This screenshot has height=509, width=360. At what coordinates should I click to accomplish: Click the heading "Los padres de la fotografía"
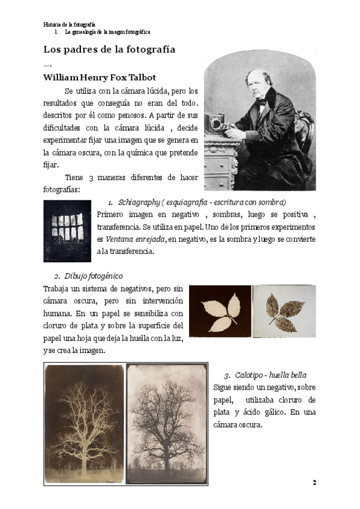pyautogui.click(x=109, y=49)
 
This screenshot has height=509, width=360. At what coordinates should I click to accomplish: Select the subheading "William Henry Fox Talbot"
pyautogui.click(x=100, y=77)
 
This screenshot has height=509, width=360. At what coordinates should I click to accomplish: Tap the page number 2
pyautogui.click(x=314, y=482)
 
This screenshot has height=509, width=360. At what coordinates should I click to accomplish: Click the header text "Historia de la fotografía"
pyautogui.click(x=70, y=24)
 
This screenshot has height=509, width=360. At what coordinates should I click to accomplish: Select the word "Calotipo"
pyautogui.click(x=250, y=375)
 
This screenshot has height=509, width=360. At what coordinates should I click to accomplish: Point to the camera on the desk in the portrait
pyautogui.click(x=217, y=124)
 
